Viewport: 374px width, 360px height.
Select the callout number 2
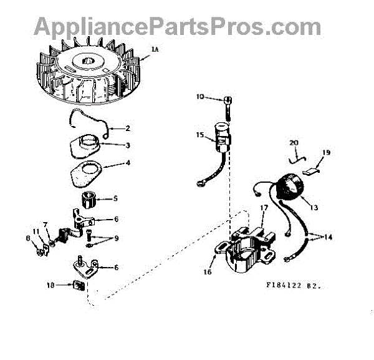[x=127, y=129]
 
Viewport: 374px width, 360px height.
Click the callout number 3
[x=127, y=145]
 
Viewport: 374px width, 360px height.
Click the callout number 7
[x=46, y=223]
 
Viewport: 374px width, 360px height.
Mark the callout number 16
[x=208, y=272]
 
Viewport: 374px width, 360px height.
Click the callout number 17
[x=264, y=207]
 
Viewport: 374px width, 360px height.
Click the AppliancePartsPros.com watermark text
[x=177, y=26]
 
